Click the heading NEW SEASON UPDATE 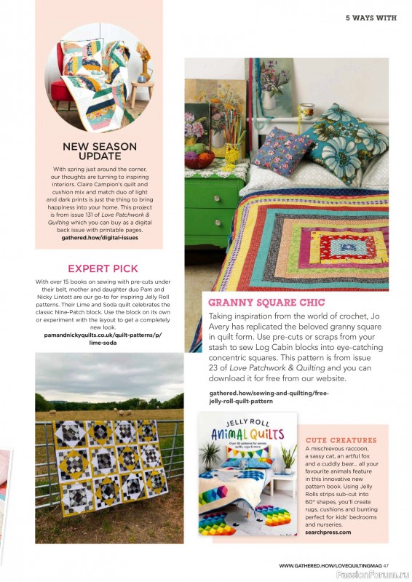pos(100,151)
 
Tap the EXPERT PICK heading pos(103,268)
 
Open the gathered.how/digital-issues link pos(100,237)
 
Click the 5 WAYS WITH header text pos(371,17)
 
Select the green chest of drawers pos(213,211)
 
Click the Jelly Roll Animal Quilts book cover pos(247,473)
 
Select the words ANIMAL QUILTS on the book pos(247,437)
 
